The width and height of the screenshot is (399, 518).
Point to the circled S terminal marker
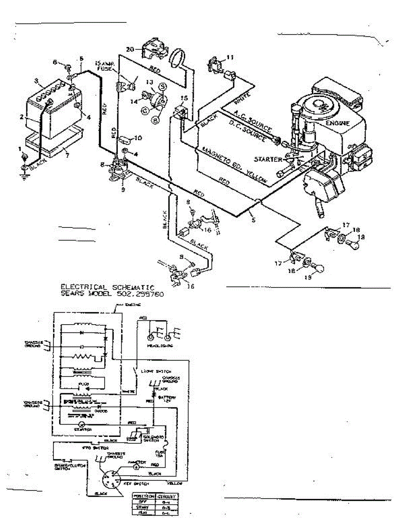point(164,87)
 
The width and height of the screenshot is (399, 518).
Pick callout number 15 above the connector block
point(184,99)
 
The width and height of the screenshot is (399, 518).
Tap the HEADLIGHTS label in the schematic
point(157,345)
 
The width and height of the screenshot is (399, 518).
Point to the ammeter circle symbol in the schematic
point(135,467)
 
